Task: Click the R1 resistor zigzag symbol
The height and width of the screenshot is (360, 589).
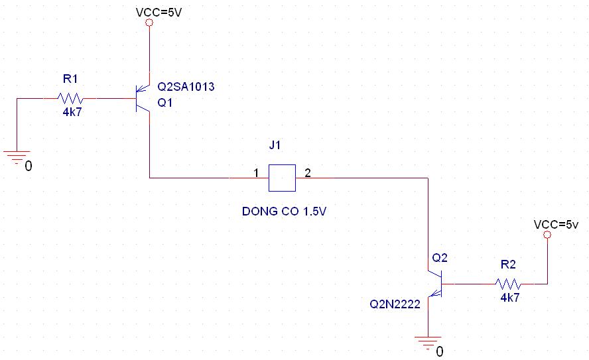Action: coord(70,98)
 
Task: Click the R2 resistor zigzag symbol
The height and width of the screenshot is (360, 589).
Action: coord(508,284)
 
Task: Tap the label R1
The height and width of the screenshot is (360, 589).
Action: coord(70,79)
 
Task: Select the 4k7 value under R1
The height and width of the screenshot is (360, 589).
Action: coord(72,112)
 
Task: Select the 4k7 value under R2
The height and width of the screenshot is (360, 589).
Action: coord(510,298)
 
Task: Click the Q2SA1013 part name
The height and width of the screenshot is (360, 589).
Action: coord(186,87)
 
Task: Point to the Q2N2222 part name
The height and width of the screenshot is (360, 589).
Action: coord(395,304)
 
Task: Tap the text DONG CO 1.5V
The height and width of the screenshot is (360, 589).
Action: coord(284,211)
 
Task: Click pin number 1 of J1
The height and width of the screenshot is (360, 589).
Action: coord(256,173)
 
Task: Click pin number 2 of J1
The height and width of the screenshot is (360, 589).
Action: coord(308,172)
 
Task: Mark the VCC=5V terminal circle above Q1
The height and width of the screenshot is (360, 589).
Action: coord(149,23)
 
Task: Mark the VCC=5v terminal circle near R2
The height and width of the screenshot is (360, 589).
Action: coord(547,235)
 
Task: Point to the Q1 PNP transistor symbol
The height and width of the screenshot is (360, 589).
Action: coord(143,98)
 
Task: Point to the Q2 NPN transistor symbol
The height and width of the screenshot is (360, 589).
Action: coord(435,284)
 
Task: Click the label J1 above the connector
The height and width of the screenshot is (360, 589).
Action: coord(275,145)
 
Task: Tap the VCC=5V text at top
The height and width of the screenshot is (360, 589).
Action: coord(159,13)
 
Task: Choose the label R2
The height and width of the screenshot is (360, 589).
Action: coord(508,265)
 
